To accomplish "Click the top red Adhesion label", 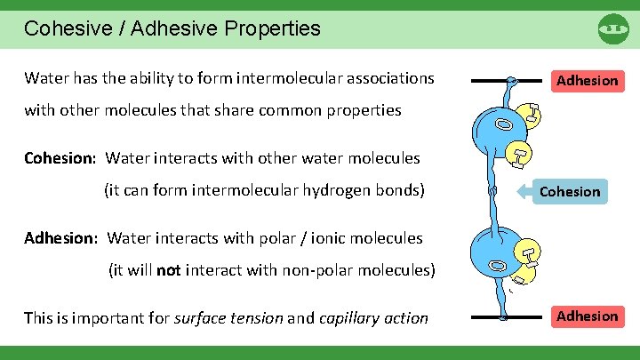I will click(586, 81).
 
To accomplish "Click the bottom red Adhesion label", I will click(586, 316).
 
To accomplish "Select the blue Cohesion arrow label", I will click(569, 191).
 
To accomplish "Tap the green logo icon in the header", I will click(613, 28).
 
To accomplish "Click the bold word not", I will click(168, 270).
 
